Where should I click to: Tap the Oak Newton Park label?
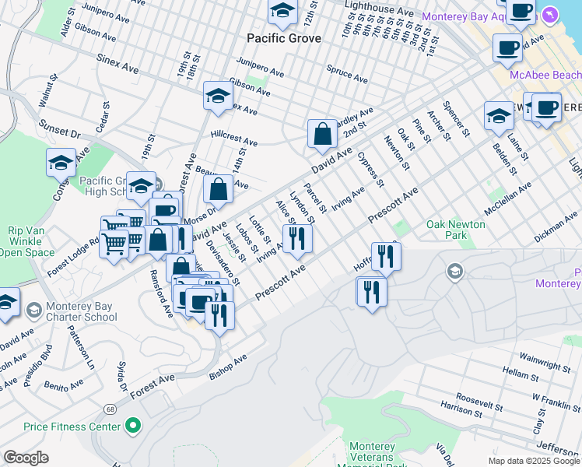tap(455, 230)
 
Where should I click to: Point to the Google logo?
tap(26, 458)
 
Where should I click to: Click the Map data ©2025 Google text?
tap(534, 461)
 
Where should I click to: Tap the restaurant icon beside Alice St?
tap(296, 238)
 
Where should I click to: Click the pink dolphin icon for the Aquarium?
tap(551, 16)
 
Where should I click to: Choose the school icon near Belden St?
tap(498, 116)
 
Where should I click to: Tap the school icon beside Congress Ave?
tap(61, 163)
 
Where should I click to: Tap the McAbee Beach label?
tap(545, 75)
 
